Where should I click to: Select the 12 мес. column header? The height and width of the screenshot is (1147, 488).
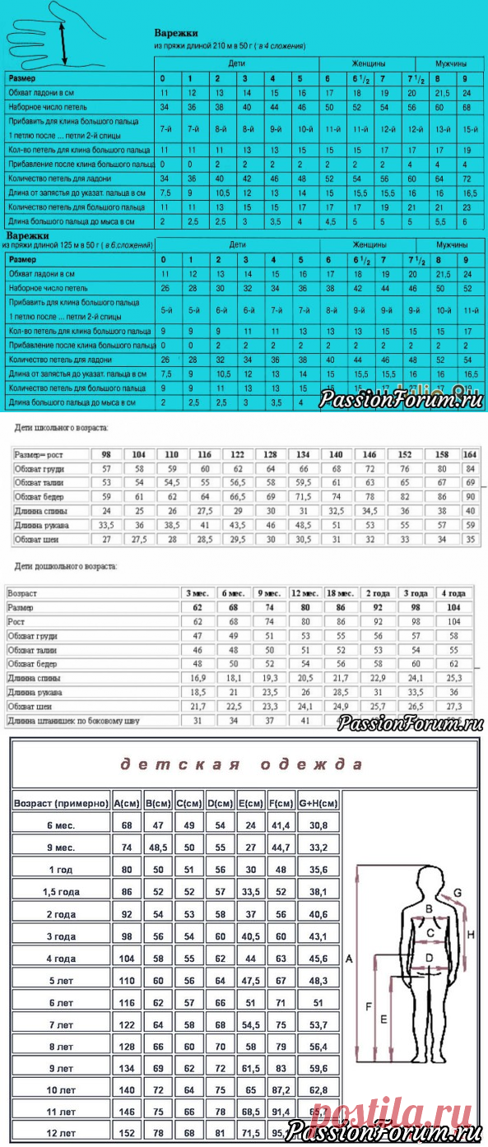tap(300, 592)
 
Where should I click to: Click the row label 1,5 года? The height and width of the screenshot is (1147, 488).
tap(62, 891)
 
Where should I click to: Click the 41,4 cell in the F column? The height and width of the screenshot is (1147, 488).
tap(280, 825)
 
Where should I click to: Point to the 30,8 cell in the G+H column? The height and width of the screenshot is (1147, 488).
tap(316, 825)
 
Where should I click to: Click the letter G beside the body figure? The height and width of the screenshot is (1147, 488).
tap(457, 893)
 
